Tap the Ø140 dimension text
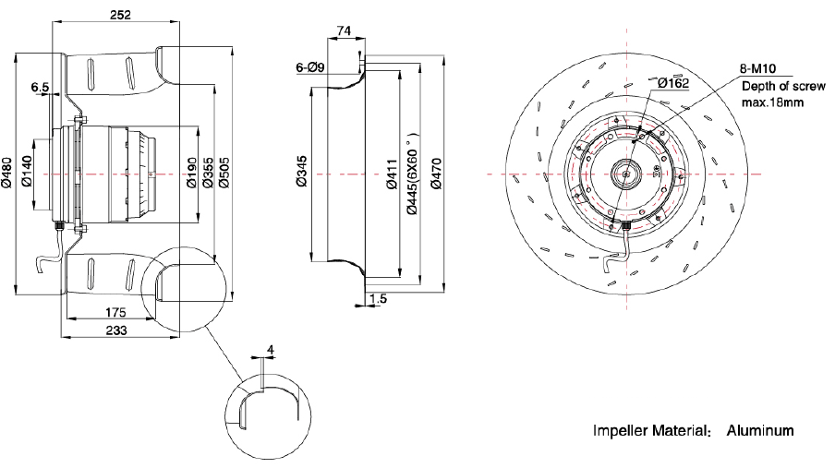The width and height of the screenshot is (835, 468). [x=28, y=171]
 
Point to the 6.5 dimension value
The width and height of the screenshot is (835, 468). [x=41, y=88]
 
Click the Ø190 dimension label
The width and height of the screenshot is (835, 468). [x=192, y=171]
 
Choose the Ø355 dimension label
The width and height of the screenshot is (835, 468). [x=209, y=171]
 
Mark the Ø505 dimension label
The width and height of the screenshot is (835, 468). [x=225, y=171]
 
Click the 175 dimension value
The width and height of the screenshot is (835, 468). [x=115, y=313]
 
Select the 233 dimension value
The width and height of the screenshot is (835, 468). [x=115, y=330]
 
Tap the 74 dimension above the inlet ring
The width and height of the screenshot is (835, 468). [x=344, y=30]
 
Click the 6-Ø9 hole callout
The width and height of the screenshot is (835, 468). [x=309, y=67]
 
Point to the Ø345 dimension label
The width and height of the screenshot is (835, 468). [x=302, y=171]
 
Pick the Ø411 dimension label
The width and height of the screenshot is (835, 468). [x=392, y=171]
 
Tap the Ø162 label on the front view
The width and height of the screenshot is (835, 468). [x=673, y=83]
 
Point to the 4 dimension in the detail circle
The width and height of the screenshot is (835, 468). [x=270, y=349]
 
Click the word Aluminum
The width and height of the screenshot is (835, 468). [x=760, y=431]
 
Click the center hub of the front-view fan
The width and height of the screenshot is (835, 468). [x=626, y=173]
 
